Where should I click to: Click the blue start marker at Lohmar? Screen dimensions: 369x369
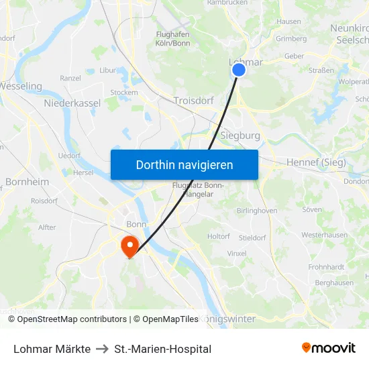coord(238,69)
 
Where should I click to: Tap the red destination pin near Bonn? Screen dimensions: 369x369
coord(127,245)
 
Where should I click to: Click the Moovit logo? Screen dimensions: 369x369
coord(328,348)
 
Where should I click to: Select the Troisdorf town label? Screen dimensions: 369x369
coord(193,101)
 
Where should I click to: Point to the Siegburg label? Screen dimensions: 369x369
coord(240,136)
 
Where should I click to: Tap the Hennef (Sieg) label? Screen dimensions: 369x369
coord(316,162)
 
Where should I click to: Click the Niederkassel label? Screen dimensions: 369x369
coord(72,103)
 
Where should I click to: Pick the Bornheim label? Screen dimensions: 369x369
coord(27,182)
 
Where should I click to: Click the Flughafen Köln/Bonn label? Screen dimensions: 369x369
coord(172,39)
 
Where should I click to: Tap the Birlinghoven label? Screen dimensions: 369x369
coord(257,210)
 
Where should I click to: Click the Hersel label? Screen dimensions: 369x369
coord(83,172)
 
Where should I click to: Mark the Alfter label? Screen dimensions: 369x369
coord(47,227)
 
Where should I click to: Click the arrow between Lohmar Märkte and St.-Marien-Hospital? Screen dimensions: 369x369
coord(103,349)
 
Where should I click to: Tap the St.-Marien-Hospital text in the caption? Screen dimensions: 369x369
coord(162,349)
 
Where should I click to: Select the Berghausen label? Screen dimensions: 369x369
coord(334,283)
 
